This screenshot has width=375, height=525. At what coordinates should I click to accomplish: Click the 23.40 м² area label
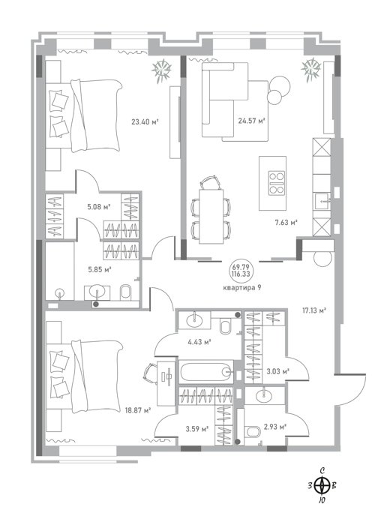(x=145, y=121)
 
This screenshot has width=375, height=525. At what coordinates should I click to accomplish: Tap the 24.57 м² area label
(x=251, y=121)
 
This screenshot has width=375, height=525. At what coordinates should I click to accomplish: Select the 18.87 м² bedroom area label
(x=137, y=410)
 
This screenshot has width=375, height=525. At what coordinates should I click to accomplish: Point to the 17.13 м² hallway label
(x=314, y=310)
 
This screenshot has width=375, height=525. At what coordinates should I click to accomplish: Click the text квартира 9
(x=241, y=287)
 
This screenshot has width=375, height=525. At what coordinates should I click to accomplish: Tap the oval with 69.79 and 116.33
(x=241, y=270)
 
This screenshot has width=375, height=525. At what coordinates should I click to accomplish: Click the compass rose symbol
(x=322, y=485)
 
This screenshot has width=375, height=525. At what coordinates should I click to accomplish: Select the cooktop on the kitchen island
(x=277, y=183)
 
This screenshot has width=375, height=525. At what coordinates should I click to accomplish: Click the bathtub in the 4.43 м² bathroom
(x=206, y=372)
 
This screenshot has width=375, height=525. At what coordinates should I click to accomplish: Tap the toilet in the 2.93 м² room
(x=253, y=432)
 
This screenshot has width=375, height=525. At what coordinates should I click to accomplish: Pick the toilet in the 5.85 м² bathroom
(x=126, y=292)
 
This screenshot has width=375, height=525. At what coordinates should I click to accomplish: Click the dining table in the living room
(x=211, y=216)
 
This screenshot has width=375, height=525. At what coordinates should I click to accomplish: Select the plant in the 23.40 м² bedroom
(x=162, y=70)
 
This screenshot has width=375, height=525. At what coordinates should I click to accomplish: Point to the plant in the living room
(x=311, y=70)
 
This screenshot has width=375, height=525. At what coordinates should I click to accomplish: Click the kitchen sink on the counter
(x=322, y=201)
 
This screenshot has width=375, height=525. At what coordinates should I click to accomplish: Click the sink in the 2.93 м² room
(x=265, y=396)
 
